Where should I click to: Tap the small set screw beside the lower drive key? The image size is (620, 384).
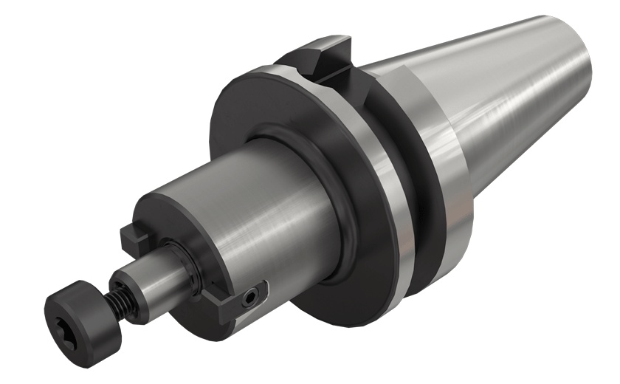tap(253, 297)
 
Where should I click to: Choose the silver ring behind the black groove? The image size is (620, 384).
tap(443, 177)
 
